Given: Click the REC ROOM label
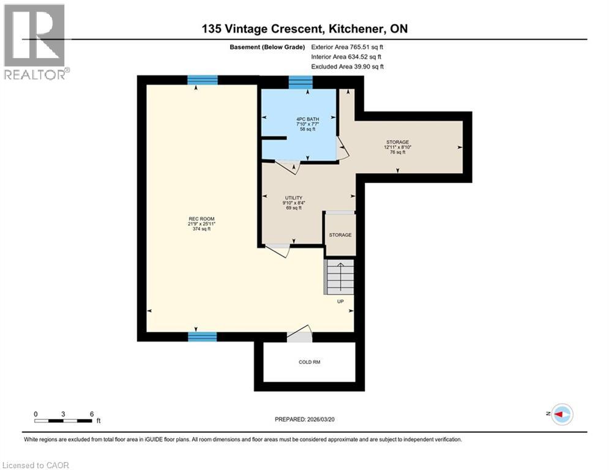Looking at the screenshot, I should pos(201,224).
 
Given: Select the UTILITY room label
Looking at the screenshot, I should pos(294,203).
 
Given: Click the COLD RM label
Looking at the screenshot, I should pos(309,362).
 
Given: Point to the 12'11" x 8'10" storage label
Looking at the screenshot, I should pos(397,147).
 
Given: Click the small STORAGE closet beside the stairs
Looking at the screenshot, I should pos(340,235).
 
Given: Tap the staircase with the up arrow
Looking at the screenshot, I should pos(339,277).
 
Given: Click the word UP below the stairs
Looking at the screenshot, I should pos(341,301).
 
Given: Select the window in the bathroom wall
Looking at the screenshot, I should pos(301,83).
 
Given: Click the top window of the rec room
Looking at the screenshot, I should pos(203,80).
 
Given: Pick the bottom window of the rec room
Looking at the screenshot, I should pos(203,336).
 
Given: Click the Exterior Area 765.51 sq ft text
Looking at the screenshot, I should pos(350,47).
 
